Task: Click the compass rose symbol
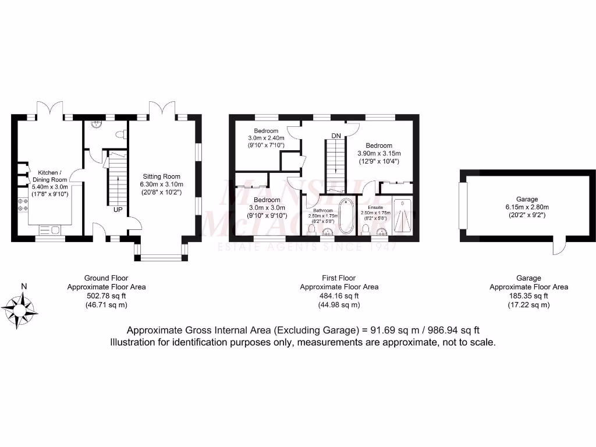click(20, 307)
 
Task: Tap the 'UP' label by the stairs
click(118, 210)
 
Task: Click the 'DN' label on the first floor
click(336, 136)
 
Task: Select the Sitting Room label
click(162, 176)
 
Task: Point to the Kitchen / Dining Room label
click(53, 176)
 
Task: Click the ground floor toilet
click(121, 134)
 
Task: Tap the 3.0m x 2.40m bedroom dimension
click(266, 138)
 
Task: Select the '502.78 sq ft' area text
click(107, 296)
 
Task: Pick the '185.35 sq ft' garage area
click(528, 296)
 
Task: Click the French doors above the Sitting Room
click(161, 108)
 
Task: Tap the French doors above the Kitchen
click(49, 108)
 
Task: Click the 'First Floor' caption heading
click(339, 278)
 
